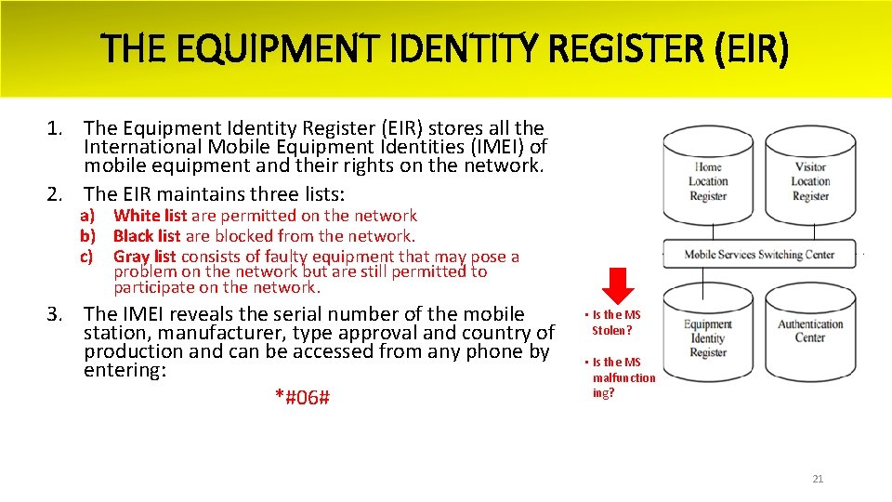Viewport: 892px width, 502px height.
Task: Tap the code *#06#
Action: point(303,398)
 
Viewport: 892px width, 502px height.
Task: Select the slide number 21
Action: point(818,479)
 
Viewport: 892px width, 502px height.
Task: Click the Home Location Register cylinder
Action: point(708,181)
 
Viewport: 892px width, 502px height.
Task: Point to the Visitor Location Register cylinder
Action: point(810,181)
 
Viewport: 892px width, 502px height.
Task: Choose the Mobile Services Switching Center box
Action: point(759,255)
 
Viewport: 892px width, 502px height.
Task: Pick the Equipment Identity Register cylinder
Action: point(708,337)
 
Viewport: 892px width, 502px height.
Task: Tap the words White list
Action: point(151,216)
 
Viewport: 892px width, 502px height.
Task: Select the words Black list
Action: point(147,236)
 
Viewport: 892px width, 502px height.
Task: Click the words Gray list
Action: point(145,257)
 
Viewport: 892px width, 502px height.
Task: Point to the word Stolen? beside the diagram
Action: point(612,330)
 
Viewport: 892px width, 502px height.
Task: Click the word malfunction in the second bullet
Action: point(623,377)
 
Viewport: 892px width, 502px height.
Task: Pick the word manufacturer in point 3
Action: point(212,333)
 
